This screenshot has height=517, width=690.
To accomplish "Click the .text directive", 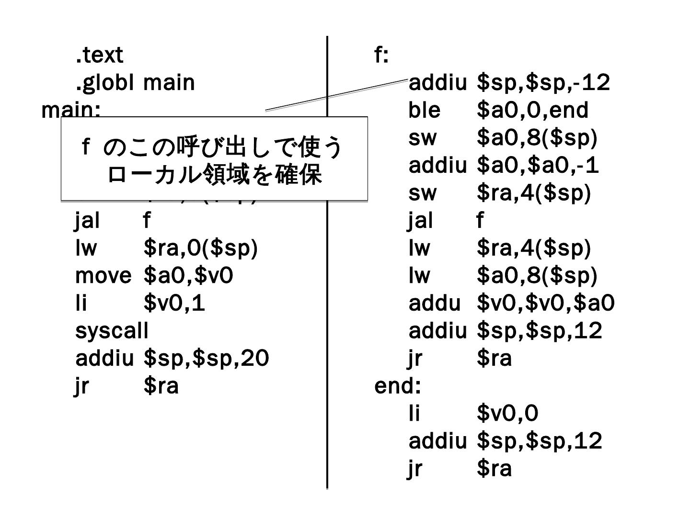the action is pyautogui.click(x=99, y=55).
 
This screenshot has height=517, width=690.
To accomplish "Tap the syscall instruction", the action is pyautogui.click(x=112, y=330).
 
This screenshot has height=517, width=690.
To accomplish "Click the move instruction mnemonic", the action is pyautogui.click(x=103, y=275).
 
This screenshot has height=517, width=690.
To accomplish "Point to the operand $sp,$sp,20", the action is pyautogui.click(x=206, y=358).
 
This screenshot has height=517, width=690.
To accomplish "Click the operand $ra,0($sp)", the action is pyautogui.click(x=200, y=248).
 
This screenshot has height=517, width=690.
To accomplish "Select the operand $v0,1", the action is pyautogui.click(x=174, y=303).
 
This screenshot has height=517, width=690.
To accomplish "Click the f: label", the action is pyautogui.click(x=381, y=56).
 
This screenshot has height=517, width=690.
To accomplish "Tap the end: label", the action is pyautogui.click(x=397, y=386).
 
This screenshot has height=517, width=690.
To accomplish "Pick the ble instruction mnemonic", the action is pyautogui.click(x=424, y=110).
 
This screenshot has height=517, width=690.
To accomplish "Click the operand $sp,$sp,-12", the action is pyautogui.click(x=543, y=83).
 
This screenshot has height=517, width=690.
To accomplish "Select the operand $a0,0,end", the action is pyautogui.click(x=532, y=110).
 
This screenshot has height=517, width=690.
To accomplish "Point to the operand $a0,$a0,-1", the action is pyautogui.click(x=538, y=166).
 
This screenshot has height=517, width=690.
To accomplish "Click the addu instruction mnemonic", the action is pyautogui.click(x=434, y=303).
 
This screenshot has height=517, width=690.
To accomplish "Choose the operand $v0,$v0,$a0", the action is pyautogui.click(x=546, y=303).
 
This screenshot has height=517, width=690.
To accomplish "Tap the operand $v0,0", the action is pyautogui.click(x=507, y=413).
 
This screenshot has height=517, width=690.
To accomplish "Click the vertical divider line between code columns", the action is pyautogui.click(x=327, y=287).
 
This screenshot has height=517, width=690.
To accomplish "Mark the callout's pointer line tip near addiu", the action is pyautogui.click(x=406, y=80).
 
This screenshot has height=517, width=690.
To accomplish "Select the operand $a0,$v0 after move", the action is pyautogui.click(x=188, y=275).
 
